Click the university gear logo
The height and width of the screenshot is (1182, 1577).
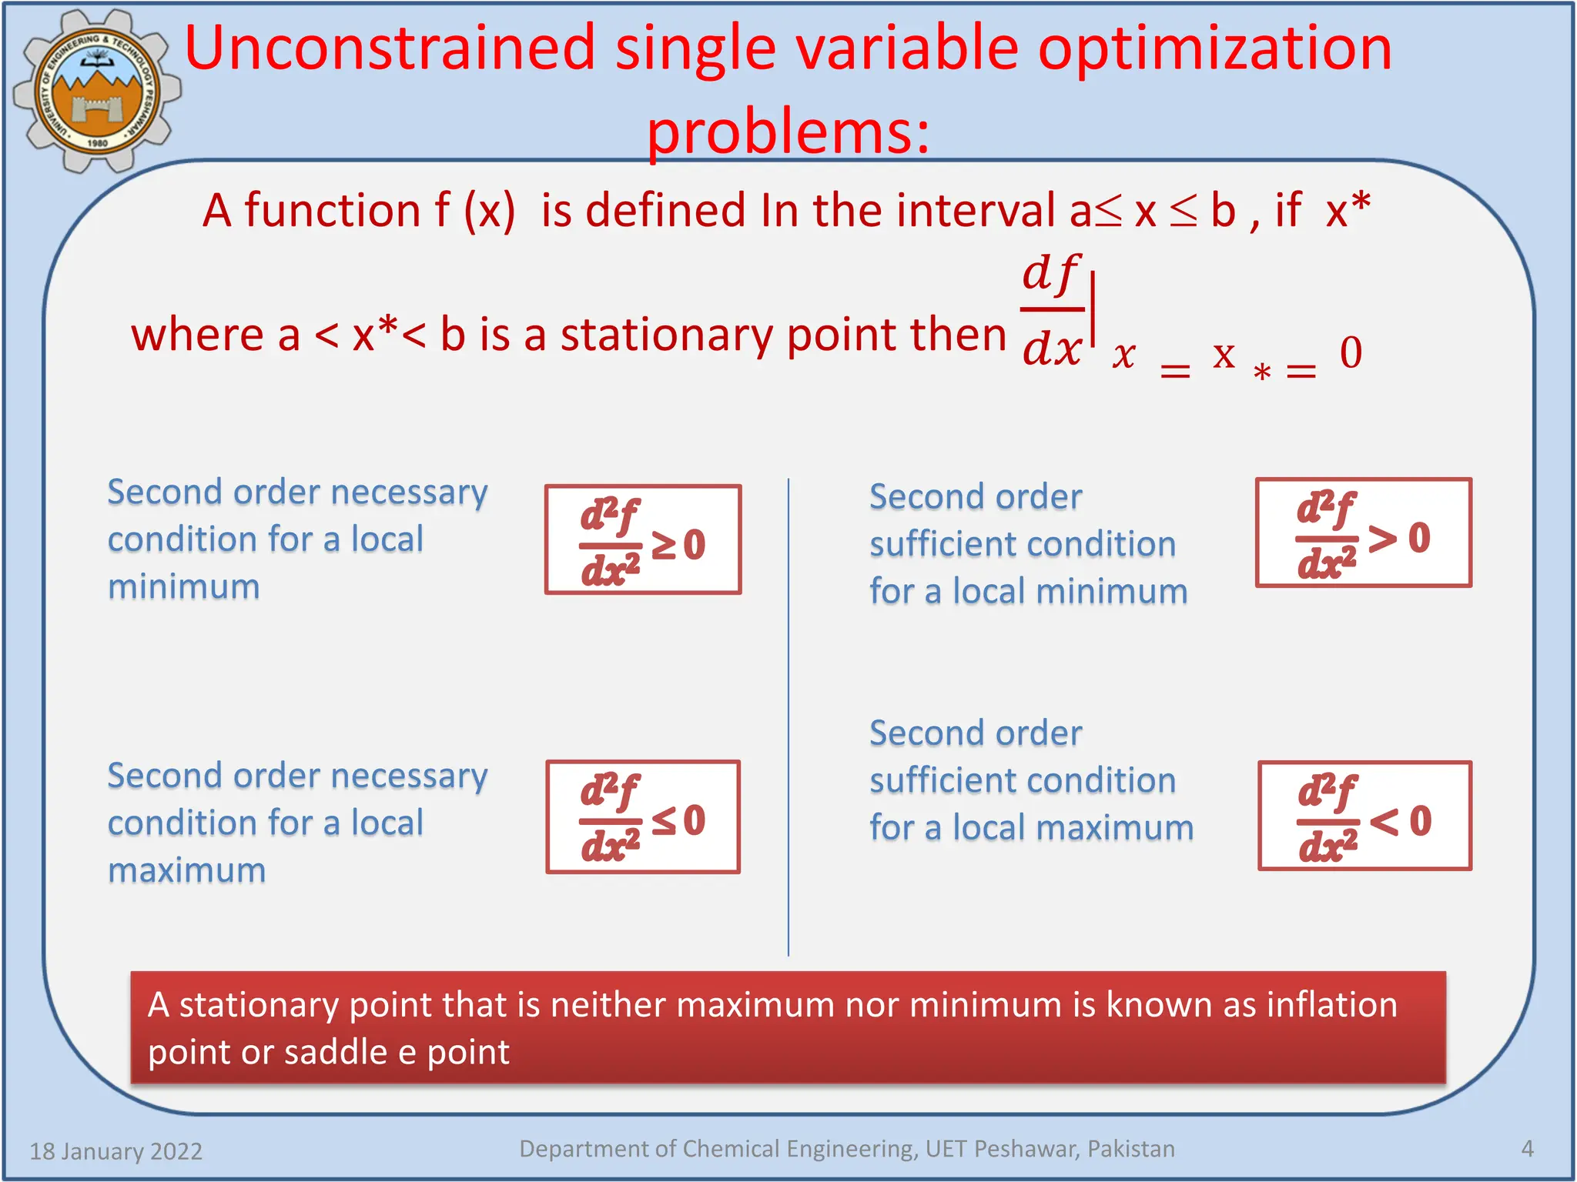tap(96, 91)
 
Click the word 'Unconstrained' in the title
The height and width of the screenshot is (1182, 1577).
tap(390, 48)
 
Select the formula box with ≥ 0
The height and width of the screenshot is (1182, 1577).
tap(643, 539)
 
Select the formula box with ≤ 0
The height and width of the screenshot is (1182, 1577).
tap(643, 816)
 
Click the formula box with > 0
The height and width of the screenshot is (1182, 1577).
tap(1363, 533)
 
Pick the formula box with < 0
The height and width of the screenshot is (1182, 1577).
tap(1364, 816)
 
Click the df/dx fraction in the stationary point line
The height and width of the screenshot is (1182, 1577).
tap(1052, 311)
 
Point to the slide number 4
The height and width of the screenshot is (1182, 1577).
tap(1527, 1149)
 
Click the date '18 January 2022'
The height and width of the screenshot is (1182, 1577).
tap(116, 1151)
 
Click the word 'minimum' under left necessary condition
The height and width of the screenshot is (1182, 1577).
tap(183, 587)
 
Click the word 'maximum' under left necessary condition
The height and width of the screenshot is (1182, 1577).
tap(186, 870)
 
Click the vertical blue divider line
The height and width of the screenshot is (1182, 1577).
tap(788, 716)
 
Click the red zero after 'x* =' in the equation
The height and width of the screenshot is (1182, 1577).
tap(1351, 352)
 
